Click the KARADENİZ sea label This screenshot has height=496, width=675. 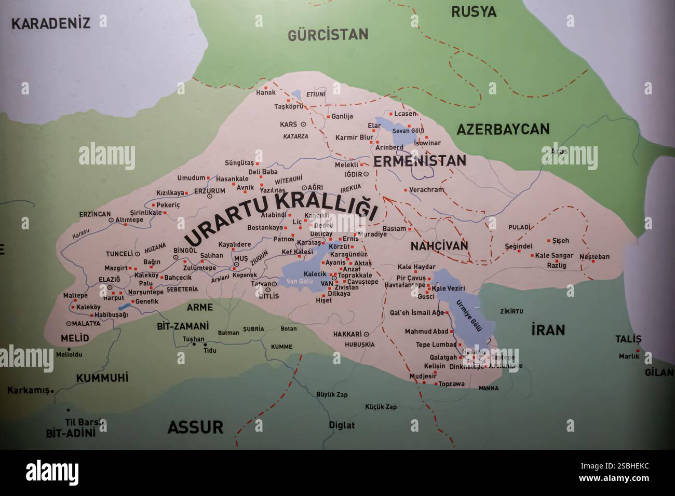pos(51,23)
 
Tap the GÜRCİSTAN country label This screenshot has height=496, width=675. pos(328,35)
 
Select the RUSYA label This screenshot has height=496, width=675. pos(474,11)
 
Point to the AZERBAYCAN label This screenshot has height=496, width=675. pos(503,129)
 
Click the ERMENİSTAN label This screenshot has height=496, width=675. pos(420,161)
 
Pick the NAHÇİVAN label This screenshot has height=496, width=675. pos(439,245)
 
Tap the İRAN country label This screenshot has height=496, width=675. pos(548,329)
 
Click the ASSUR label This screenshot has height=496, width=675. pos(195,427)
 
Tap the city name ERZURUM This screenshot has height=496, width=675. pos(209,191)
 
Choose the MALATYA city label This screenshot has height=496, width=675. pos(86,323)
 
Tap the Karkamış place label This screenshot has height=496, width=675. pos(28,390)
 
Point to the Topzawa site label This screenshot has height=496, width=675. pos(451,384)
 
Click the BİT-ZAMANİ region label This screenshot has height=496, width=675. pos(182,326)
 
